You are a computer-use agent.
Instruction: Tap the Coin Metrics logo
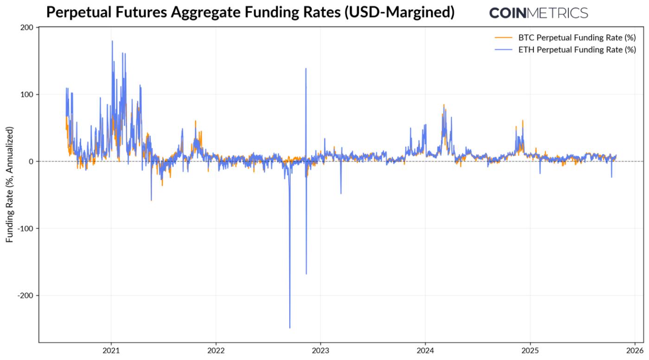[x=538, y=13]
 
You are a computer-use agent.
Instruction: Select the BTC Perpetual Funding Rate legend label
[x=577, y=38]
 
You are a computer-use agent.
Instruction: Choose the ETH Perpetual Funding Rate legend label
[x=577, y=50]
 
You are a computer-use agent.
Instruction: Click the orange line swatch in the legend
[x=503, y=38]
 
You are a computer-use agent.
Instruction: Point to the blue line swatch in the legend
[x=503, y=50]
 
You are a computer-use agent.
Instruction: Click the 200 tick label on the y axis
[x=26, y=28]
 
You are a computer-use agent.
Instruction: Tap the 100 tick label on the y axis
[x=26, y=95]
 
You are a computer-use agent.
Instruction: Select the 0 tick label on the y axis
[x=31, y=162]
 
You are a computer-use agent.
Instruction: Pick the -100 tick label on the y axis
[x=25, y=228]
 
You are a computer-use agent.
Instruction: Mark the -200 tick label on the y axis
[x=25, y=296]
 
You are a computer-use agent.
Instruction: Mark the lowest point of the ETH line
[x=290, y=328]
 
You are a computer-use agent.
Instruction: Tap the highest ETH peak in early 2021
[x=112, y=41]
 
